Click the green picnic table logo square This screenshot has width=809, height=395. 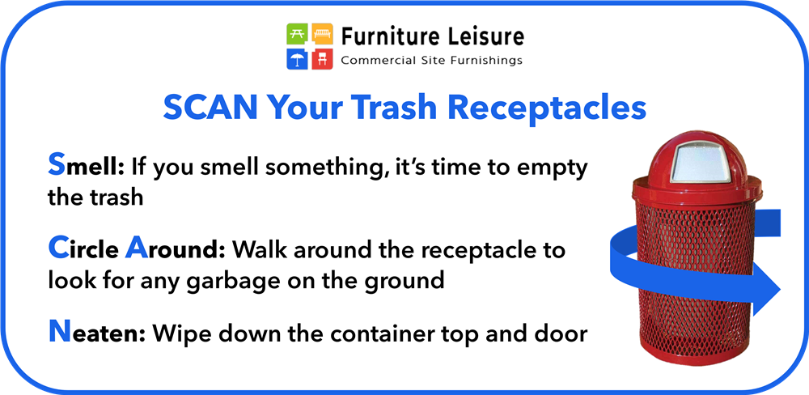(x=298, y=34)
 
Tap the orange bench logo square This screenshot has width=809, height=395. (x=322, y=34)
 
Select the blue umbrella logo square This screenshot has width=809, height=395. (x=298, y=58)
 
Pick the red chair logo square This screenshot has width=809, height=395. (x=322, y=58)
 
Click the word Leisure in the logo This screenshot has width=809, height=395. (x=483, y=36)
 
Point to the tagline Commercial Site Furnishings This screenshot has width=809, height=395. (x=431, y=61)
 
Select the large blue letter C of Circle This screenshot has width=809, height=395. (x=58, y=248)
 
